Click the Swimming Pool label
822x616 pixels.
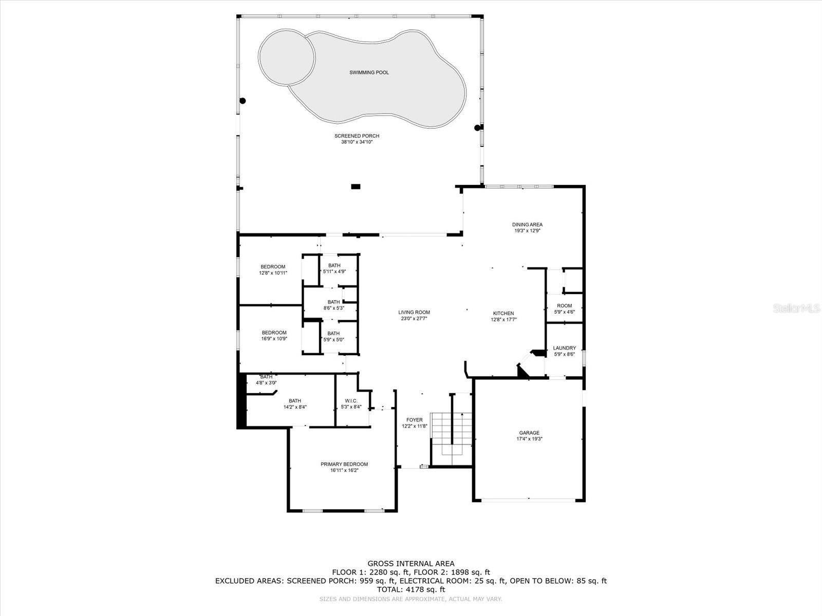pos(369,72)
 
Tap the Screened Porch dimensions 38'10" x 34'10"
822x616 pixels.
pos(357,142)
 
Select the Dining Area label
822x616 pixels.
pos(527,225)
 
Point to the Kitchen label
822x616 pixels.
pos(503,314)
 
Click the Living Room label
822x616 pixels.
pos(414,312)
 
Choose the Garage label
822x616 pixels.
pos(529,433)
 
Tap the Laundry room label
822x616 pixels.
pos(564,348)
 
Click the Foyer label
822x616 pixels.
pos(415,420)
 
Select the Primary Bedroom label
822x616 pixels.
pos(344,464)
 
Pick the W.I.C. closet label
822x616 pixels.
pos(351,401)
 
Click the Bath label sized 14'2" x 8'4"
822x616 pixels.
pos(295,401)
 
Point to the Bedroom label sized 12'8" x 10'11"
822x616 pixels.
pos(273,266)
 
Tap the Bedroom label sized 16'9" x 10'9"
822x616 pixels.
pos(274,333)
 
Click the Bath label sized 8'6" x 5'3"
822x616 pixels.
pos(333,302)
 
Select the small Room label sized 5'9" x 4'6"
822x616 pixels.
pos(564,306)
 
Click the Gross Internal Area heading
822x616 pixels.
pos(411,564)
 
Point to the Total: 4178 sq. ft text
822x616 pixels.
pos(411,590)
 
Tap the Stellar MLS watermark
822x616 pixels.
pos(796,309)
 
